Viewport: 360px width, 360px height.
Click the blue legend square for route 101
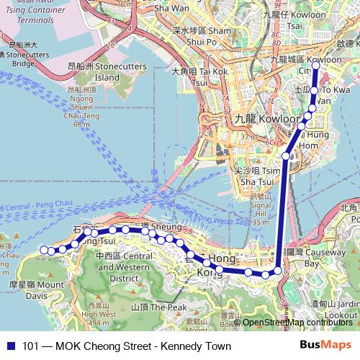[10, 346]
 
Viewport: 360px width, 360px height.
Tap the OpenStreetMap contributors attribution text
[296, 323]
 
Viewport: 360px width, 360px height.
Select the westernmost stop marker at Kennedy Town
[43, 250]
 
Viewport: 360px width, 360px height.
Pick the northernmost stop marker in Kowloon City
[315, 66]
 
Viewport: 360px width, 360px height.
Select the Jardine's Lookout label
[343, 310]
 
